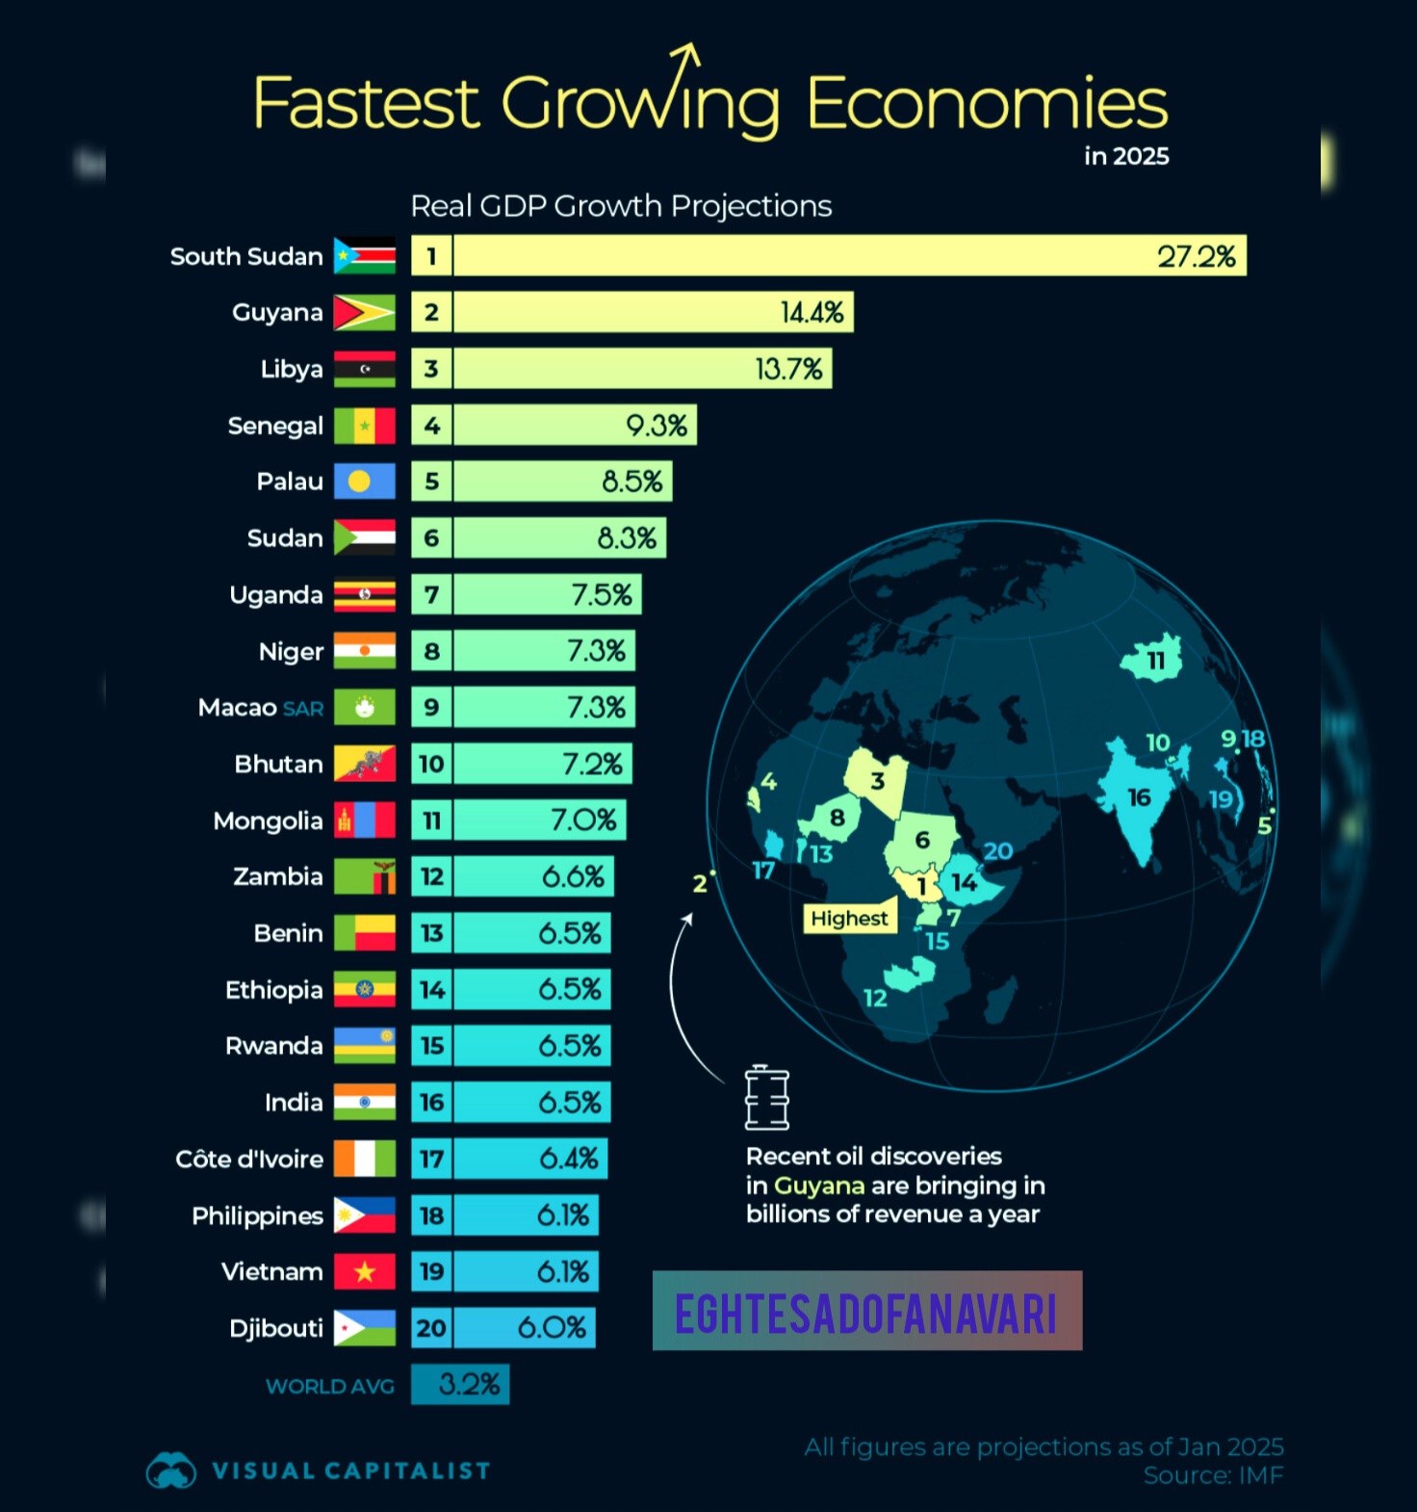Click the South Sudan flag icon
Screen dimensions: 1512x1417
pyautogui.click(x=364, y=256)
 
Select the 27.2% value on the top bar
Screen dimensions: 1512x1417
pyautogui.click(x=1196, y=256)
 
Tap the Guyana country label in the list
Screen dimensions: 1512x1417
pyautogui.click(x=277, y=313)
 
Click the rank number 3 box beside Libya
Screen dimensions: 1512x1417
pyautogui.click(x=431, y=369)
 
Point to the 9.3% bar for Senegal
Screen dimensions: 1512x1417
pyautogui.click(x=574, y=426)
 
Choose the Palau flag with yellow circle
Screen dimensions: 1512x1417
pyautogui.click(x=364, y=482)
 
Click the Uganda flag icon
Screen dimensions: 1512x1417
pyautogui.click(x=364, y=595)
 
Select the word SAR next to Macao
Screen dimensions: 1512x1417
pyautogui.click(x=303, y=709)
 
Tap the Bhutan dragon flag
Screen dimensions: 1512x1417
pyautogui.click(x=364, y=764)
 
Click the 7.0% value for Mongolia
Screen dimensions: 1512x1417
pyautogui.click(x=583, y=821)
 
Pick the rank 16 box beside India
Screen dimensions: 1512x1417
pyautogui.click(x=431, y=1103)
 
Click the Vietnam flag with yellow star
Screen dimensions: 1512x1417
pyautogui.click(x=364, y=1272)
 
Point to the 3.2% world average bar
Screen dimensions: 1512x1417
pyautogui.click(x=460, y=1385)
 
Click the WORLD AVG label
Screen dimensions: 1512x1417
pyautogui.click(x=330, y=1387)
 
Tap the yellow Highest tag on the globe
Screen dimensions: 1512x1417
pyautogui.click(x=849, y=919)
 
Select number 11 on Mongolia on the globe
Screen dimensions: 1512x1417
pyautogui.click(x=1155, y=661)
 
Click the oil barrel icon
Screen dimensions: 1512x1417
pyautogui.click(x=767, y=1098)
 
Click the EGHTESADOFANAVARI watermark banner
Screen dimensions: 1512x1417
pyautogui.click(x=866, y=1311)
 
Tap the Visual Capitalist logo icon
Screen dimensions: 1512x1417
pyautogui.click(x=170, y=1471)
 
